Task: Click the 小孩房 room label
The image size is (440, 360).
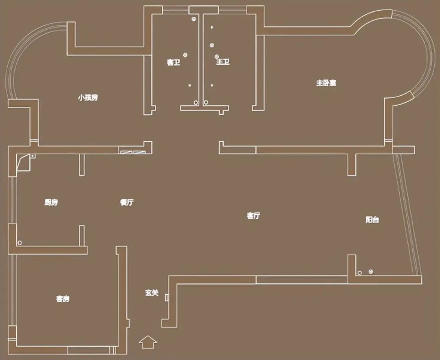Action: coord(88,98)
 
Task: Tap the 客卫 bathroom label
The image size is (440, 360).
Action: coord(174,62)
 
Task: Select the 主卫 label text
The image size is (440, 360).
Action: coord(223,61)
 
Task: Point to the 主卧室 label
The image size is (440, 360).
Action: coord(326,83)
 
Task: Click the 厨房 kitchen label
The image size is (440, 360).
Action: coord(51,202)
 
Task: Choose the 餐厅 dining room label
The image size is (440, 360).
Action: coord(127,202)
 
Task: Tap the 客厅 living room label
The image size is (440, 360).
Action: coord(253,215)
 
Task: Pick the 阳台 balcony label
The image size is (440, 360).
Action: coord(372,220)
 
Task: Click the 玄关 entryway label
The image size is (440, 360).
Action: coord(152,293)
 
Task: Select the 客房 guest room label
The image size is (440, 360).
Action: coord(63,299)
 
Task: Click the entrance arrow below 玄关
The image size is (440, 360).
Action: coord(148,342)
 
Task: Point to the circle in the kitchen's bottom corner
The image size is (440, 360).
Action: coord(20,243)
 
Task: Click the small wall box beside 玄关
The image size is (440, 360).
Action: coord(167,297)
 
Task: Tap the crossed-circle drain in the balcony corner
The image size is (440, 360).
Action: coord(371,271)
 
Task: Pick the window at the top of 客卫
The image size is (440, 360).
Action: coord(176,10)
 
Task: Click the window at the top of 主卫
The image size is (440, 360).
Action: coord(232,10)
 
